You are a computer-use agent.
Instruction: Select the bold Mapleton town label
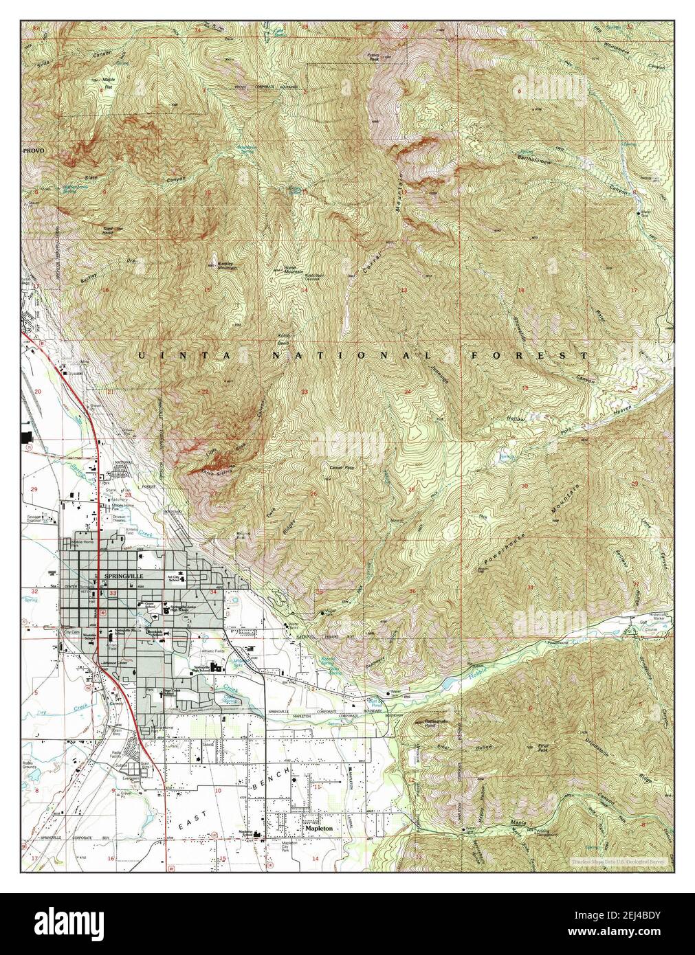pos(319,829)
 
